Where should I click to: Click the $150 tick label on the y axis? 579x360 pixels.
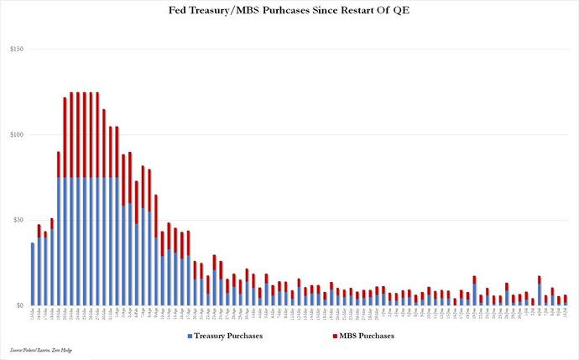click(x=15, y=50)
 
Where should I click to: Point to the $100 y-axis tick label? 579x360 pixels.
click(x=15, y=135)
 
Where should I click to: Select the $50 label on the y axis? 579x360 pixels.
click(x=17, y=220)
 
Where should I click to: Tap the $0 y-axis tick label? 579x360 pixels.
click(x=18, y=305)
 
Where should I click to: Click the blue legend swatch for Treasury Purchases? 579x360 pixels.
click(x=192, y=336)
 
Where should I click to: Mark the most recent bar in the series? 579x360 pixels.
click(x=566, y=300)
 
